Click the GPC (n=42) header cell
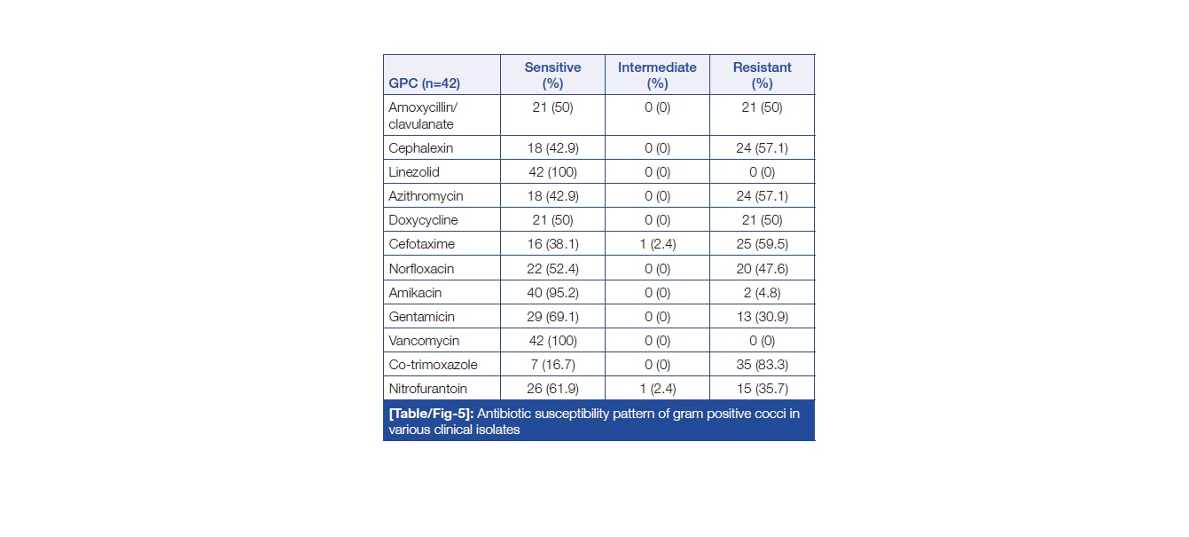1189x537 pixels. [x=424, y=84]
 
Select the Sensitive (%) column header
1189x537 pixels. [x=552, y=75]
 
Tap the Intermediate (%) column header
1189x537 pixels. [x=657, y=75]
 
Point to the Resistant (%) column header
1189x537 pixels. [x=762, y=75]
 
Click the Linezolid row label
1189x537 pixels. [x=414, y=171]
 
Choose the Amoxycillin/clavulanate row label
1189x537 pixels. [x=421, y=115]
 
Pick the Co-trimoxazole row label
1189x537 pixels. [x=433, y=364]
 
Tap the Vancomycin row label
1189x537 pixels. [x=423, y=340]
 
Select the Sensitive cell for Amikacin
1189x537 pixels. [x=552, y=292]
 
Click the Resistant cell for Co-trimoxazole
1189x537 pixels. [x=762, y=364]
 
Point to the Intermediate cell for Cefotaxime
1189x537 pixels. [x=657, y=244]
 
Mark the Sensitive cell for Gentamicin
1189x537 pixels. [x=552, y=316]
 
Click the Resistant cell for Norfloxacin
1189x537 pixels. [x=762, y=268]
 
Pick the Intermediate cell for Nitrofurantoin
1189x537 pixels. [x=657, y=388]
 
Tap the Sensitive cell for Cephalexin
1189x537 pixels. [x=552, y=147]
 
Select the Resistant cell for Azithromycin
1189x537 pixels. [x=762, y=195]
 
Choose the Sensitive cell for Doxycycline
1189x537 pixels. [x=552, y=219]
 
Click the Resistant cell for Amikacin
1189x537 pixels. [x=762, y=292]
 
